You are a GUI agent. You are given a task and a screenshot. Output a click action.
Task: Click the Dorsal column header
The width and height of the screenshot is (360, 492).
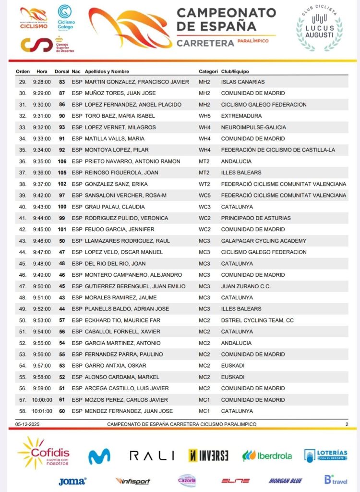click(x=62, y=72)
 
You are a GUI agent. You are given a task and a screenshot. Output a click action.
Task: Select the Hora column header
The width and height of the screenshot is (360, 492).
click(x=42, y=72)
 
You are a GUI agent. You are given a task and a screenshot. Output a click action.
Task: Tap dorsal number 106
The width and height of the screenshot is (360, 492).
click(x=62, y=161)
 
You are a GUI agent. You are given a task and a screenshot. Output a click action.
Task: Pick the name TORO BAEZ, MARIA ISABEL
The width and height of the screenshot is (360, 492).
click(x=120, y=116)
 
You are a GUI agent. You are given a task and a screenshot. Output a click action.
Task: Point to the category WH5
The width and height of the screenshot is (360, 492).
click(x=204, y=116)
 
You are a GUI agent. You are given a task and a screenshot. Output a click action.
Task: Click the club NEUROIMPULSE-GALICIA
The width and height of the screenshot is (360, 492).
click(x=253, y=127)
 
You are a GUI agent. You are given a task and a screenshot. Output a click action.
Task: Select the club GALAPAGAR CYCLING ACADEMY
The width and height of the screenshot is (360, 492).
click(x=264, y=241)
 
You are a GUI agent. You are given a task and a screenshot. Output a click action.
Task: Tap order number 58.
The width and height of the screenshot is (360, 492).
click(x=22, y=411)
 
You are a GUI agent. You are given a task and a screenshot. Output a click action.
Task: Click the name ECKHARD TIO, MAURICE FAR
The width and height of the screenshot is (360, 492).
click(x=122, y=320)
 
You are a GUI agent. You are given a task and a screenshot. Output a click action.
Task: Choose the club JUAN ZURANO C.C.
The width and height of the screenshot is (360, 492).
click(x=246, y=286)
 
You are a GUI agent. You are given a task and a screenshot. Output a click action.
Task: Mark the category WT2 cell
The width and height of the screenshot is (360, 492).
click(x=204, y=184)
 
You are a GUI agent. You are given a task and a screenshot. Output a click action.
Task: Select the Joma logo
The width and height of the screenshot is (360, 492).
click(x=72, y=481)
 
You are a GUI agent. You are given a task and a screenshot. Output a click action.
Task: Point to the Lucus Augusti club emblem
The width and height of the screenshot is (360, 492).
click(x=319, y=30)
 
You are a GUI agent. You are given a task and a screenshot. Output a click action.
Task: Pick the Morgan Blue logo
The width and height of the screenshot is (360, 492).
click(x=285, y=480)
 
